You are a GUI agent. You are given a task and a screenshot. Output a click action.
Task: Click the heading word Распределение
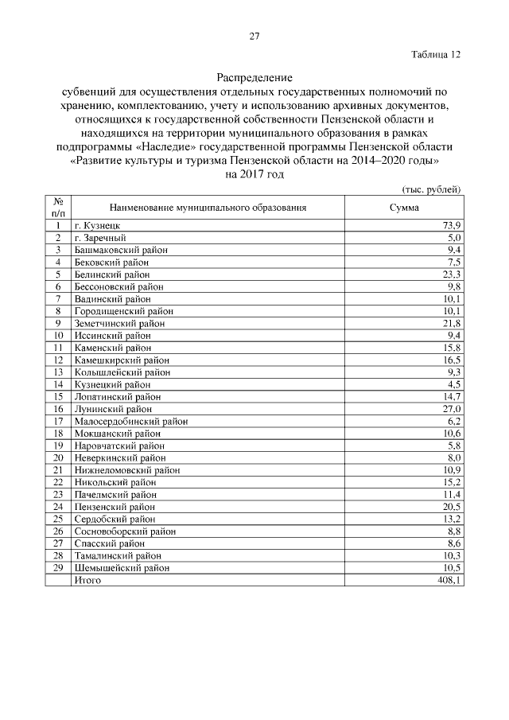point(254,79)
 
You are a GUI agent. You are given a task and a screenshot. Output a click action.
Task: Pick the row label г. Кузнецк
point(97,226)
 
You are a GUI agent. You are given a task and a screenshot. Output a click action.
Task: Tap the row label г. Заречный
point(99,238)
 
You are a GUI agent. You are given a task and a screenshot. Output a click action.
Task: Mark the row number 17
point(58,420)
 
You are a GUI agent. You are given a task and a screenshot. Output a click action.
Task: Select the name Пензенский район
point(115,506)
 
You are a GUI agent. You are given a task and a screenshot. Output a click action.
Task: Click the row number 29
point(58,568)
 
